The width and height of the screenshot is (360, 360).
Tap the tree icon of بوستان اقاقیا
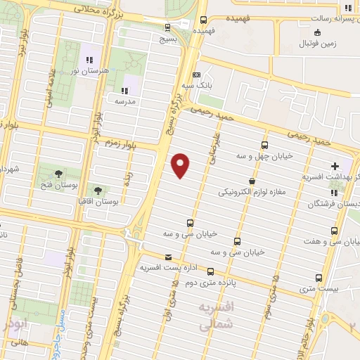tap(98, 191)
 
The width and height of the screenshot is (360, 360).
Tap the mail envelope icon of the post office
tap(167, 257)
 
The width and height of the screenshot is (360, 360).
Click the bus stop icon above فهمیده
tap(203, 20)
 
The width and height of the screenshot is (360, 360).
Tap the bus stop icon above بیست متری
tap(319, 278)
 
